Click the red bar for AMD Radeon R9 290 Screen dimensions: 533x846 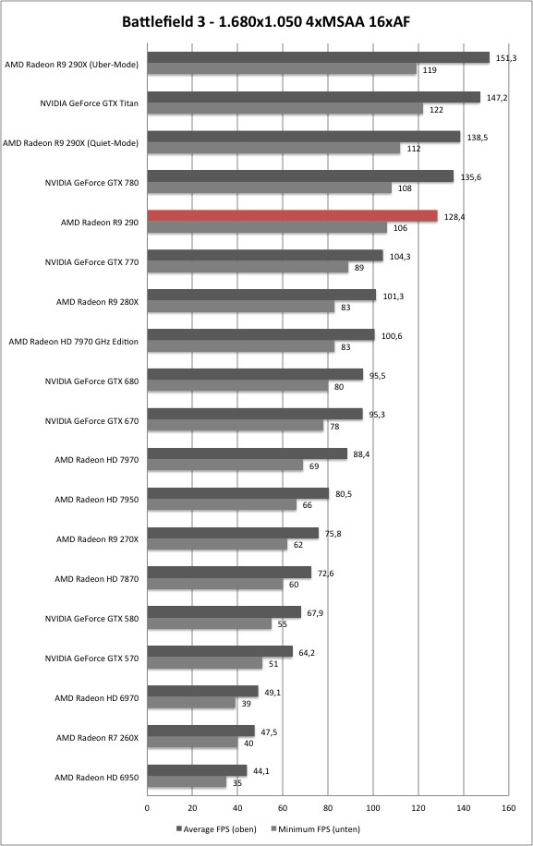tap(293, 216)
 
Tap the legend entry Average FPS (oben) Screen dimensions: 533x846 tap(216, 828)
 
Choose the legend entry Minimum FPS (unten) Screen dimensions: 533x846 tap(316, 828)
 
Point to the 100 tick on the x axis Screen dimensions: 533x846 tap(373, 808)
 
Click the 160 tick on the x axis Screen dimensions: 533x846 tap(508, 808)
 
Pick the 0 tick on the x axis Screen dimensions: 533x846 tap(147, 808)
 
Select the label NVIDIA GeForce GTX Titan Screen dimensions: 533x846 tap(89, 103)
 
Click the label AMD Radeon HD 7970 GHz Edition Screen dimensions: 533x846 tap(73, 342)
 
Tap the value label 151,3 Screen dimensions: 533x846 tap(506, 58)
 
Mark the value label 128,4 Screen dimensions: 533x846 tap(454, 217)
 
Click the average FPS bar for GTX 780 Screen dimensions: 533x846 tap(300, 175)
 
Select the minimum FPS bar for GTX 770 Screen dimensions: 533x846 tap(248, 267)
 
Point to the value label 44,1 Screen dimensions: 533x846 tap(260, 771)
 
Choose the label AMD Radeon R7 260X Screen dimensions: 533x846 tap(97, 738)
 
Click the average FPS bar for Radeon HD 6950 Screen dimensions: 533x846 tap(197, 770)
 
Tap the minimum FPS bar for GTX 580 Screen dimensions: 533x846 tap(210, 623)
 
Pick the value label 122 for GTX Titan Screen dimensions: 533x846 tap(436, 110)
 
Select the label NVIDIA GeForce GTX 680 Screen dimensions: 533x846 tap(91, 381)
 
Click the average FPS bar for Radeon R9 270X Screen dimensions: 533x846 tap(233, 533)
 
